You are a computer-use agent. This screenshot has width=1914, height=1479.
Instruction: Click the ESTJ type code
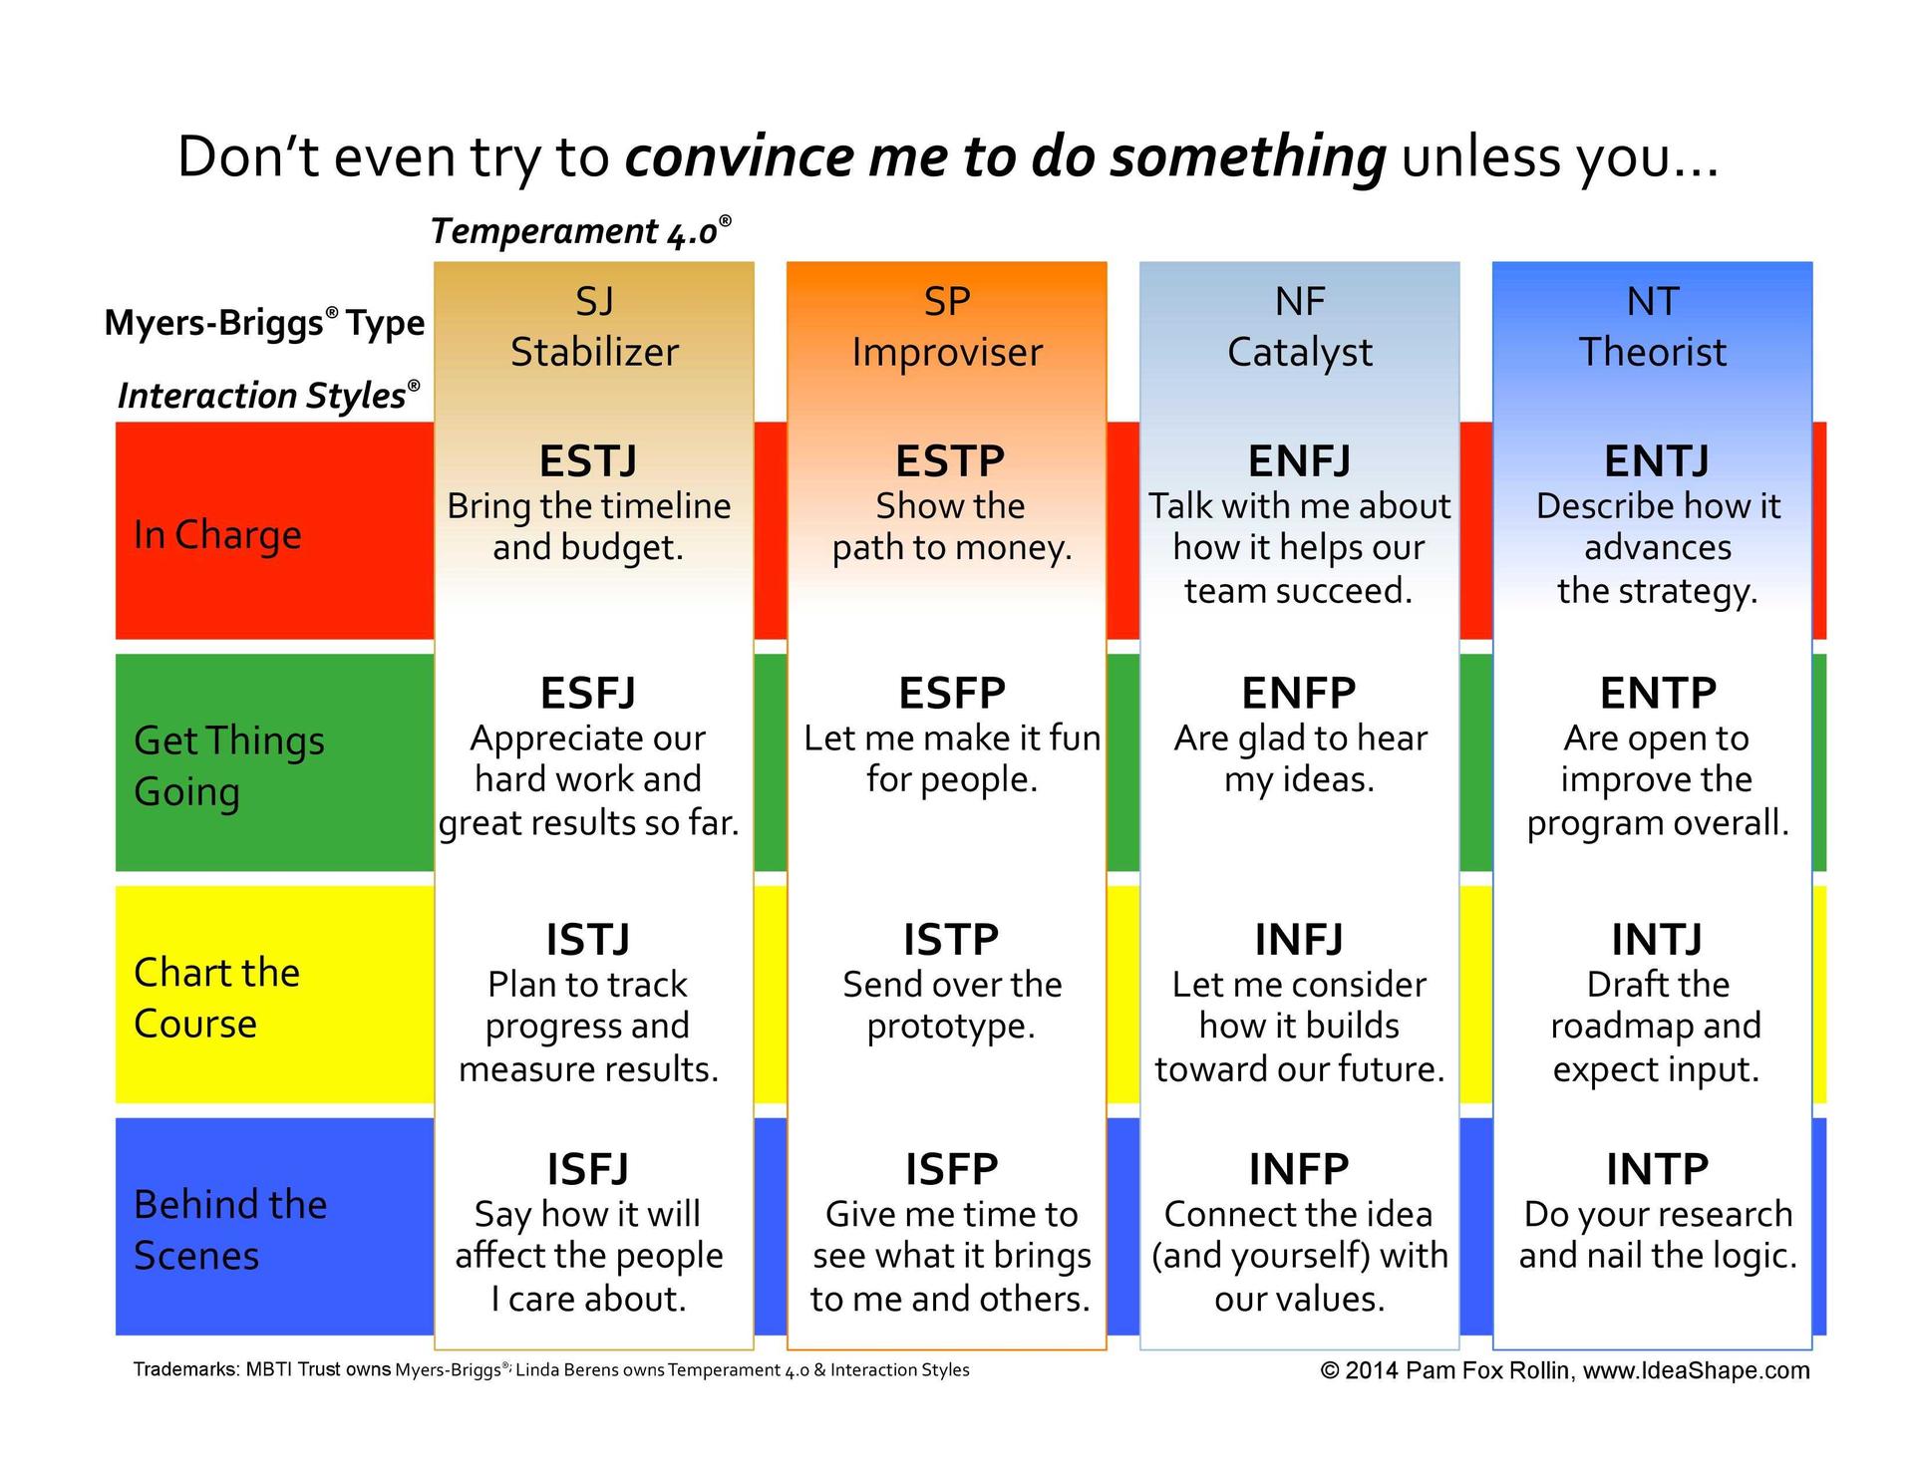pyautogui.click(x=588, y=461)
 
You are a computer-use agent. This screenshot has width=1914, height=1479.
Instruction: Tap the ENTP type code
pyautogui.click(x=1658, y=693)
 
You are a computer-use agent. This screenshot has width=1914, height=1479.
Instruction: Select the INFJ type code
pyautogui.click(x=1299, y=939)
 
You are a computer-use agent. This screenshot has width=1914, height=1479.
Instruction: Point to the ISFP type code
pyautogui.click(x=951, y=1169)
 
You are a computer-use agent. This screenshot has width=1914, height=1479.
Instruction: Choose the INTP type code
pyautogui.click(x=1658, y=1169)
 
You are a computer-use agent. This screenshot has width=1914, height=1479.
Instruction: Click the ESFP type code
pyautogui.click(x=952, y=693)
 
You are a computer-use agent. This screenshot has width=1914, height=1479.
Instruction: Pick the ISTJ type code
pyautogui.click(x=588, y=939)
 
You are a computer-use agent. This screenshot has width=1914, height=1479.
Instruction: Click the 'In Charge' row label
pyautogui.click(x=217, y=535)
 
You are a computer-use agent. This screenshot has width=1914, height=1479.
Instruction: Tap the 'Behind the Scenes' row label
pyautogui.click(x=230, y=1230)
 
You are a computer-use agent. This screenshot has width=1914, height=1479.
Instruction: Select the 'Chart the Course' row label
pyautogui.click(x=216, y=998)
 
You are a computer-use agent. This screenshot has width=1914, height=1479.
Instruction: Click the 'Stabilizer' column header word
pyautogui.click(x=594, y=352)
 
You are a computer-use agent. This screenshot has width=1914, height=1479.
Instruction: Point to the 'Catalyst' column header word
pyautogui.click(x=1299, y=353)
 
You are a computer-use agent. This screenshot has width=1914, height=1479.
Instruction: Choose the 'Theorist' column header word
pyautogui.click(x=1653, y=352)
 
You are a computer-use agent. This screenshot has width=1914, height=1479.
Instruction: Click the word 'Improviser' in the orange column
pyautogui.click(x=947, y=353)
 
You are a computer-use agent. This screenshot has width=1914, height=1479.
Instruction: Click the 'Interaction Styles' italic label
pyautogui.click(x=268, y=396)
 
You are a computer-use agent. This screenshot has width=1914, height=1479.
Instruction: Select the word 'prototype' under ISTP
pyautogui.click(x=948, y=1028)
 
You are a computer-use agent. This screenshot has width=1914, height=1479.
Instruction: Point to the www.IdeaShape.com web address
pyautogui.click(x=1697, y=1370)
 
